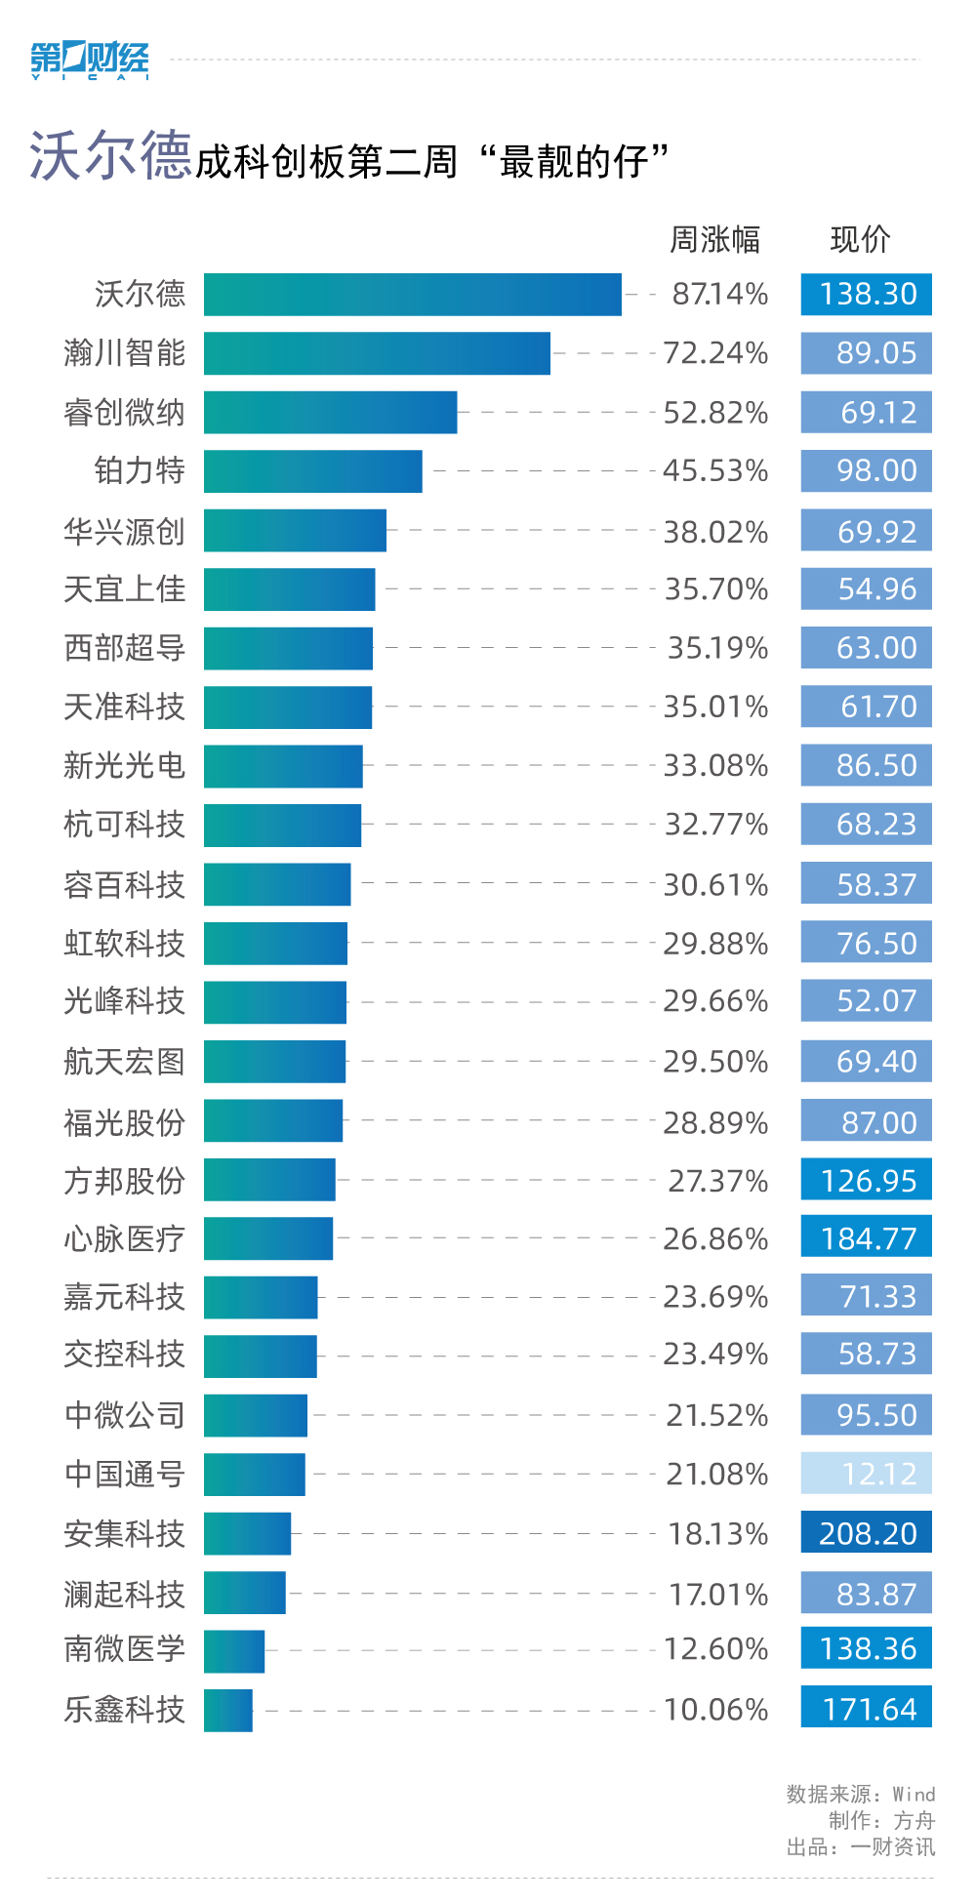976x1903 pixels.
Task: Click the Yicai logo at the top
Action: click(x=90, y=61)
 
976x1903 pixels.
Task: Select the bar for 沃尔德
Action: click(x=412, y=295)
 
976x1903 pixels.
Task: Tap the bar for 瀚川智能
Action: click(x=377, y=353)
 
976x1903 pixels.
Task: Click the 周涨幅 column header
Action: click(x=714, y=239)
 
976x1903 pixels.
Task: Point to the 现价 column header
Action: click(x=860, y=239)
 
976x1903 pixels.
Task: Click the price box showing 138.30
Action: click(x=867, y=295)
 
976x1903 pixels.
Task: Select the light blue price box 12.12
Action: click(x=867, y=1474)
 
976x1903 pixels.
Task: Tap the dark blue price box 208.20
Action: click(x=867, y=1533)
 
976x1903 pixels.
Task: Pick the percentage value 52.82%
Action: click(x=715, y=413)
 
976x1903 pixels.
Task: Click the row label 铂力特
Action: click(x=140, y=471)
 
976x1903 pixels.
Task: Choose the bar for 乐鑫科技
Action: click(x=228, y=1710)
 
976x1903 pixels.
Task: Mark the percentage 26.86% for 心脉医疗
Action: click(x=715, y=1238)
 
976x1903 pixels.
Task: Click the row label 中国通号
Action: click(x=125, y=1474)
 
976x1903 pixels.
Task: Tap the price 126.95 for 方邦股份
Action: click(x=867, y=1180)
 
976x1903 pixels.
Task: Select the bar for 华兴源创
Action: click(x=295, y=531)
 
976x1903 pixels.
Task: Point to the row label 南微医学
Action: click(x=125, y=1649)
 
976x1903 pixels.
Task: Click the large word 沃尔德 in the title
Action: click(x=109, y=156)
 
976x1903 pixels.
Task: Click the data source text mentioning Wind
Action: click(x=860, y=1794)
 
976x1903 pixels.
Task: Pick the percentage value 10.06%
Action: click(x=715, y=1710)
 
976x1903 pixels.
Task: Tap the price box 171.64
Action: click(x=867, y=1709)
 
